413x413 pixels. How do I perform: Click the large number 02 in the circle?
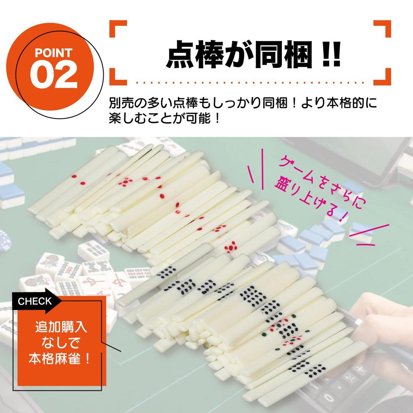point(53,75)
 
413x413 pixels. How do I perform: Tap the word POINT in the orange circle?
point(53,53)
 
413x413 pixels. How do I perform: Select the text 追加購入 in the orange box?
point(61,326)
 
